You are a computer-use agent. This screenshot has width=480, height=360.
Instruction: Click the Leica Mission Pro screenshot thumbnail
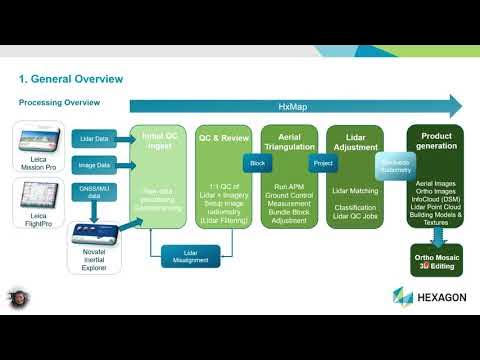tap(40, 144)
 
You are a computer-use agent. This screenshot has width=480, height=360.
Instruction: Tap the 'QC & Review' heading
tap(223, 139)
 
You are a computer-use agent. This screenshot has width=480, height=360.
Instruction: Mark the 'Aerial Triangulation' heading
tap(289, 139)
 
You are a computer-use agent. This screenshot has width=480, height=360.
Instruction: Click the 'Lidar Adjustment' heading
tap(354, 139)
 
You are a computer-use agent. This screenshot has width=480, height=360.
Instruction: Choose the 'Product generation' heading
tap(435, 139)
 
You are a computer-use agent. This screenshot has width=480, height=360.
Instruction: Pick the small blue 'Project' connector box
tap(322, 163)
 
